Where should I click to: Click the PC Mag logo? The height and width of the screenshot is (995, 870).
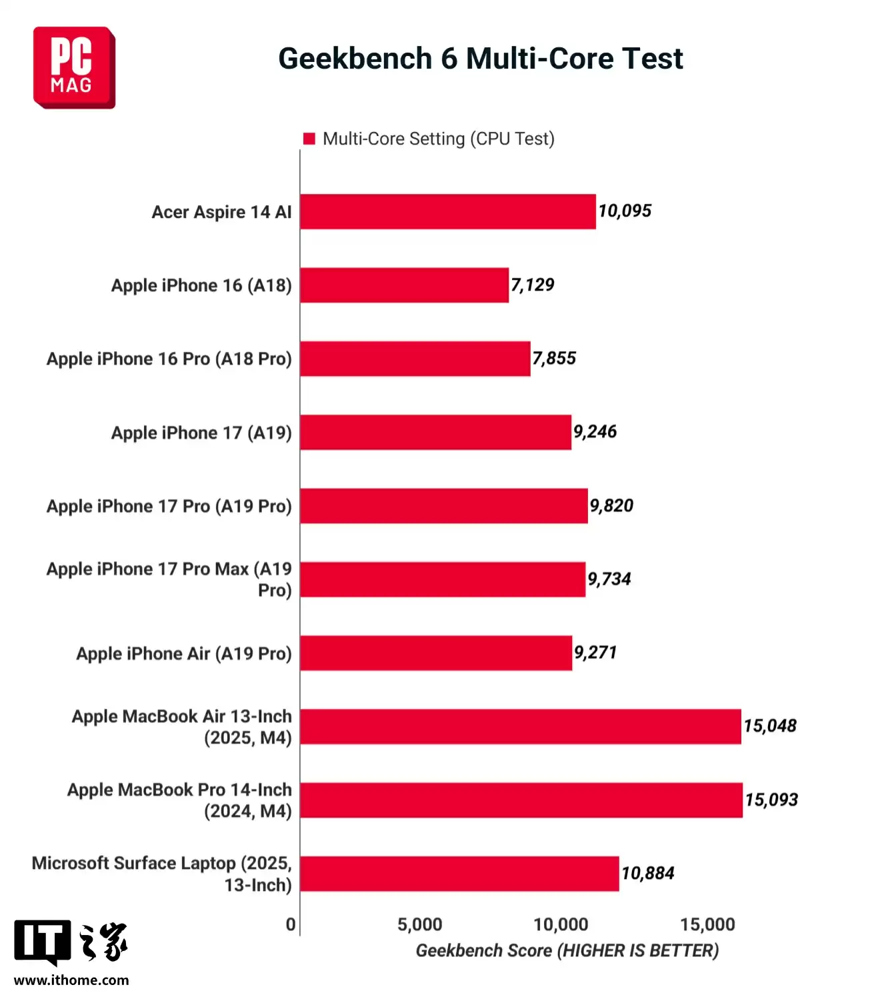74,67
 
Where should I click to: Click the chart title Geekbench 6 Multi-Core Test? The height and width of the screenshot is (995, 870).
480,59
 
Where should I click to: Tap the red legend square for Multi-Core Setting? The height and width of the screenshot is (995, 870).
309,139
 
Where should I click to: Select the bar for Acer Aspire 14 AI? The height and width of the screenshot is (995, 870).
447,212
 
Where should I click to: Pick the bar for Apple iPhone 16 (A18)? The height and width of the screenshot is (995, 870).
404,285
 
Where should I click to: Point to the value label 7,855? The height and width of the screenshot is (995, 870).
554,359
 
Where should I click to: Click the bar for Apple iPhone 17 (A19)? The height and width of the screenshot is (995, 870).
435,433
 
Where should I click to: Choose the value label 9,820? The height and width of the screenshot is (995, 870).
611,506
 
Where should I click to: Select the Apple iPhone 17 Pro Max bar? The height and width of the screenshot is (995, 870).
443,579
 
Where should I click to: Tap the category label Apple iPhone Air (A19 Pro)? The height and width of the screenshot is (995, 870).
184,654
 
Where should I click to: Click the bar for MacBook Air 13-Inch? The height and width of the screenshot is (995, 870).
520,726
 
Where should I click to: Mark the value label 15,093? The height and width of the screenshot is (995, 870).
771,800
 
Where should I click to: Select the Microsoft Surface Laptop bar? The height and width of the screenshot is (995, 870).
459,874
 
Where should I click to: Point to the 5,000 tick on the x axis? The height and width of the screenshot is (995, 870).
420,924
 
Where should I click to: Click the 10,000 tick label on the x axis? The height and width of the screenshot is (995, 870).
561,924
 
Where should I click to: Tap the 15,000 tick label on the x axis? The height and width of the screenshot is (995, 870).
707,924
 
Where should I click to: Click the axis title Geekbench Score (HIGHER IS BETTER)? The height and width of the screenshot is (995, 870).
567,950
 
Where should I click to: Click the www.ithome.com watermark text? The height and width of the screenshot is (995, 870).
71,980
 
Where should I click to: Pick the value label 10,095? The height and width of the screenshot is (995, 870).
625,211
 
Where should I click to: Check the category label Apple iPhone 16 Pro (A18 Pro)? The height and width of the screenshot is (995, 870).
169,359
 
